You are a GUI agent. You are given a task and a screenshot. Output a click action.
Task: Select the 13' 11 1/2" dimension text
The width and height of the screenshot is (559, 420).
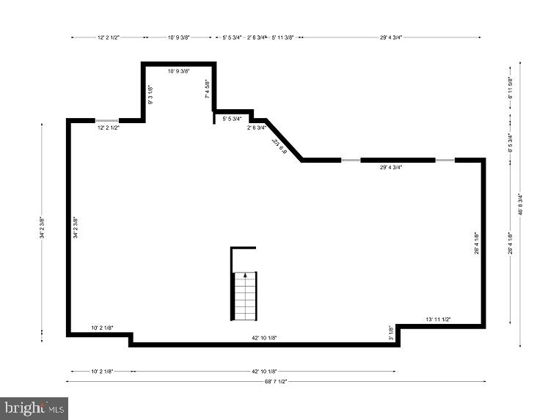tap(438, 320)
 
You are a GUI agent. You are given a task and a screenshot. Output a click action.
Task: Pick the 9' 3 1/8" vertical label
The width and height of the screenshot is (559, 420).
tap(151, 95)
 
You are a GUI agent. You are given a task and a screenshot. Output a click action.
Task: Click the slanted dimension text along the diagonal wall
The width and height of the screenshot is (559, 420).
tap(278, 147)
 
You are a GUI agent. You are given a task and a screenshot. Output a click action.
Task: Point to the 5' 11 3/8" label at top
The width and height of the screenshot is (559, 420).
tap(282, 37)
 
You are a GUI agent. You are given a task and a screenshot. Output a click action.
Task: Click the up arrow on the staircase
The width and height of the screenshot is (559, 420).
tap(245, 276)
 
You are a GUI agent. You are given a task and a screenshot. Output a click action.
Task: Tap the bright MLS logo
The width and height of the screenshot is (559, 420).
tap(34, 408)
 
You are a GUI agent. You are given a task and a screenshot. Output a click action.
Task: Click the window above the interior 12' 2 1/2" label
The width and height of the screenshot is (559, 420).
tap(107, 120)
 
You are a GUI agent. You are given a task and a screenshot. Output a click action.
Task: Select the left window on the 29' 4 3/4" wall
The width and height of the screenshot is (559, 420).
tap(351, 160)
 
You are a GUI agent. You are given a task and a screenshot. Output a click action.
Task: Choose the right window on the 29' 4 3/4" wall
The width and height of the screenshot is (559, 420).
tap(445, 160)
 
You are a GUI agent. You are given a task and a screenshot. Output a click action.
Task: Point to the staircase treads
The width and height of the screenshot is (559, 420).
tap(245, 297)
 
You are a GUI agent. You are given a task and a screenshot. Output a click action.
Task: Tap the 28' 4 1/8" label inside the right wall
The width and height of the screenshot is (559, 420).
tap(477, 243)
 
